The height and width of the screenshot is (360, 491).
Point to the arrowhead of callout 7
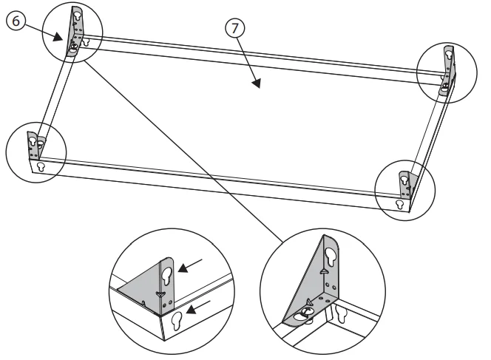click(x=256, y=85)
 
